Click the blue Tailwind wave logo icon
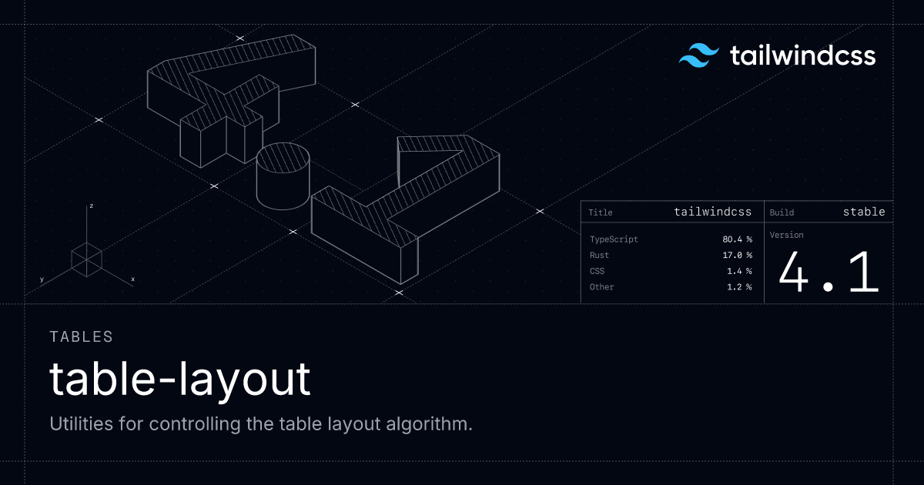[x=699, y=55]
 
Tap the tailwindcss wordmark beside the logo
[x=802, y=55]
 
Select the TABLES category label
[x=82, y=337]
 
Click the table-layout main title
[x=180, y=380]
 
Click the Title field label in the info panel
[x=600, y=212]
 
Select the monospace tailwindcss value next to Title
[x=713, y=212]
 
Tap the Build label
[x=782, y=212]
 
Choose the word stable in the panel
[x=864, y=212]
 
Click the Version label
[x=787, y=235]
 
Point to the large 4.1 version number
[x=829, y=273]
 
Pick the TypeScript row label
[x=614, y=239]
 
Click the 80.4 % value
[x=737, y=239]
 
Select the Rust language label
[x=599, y=256]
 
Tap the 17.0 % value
[x=737, y=256]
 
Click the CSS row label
[x=597, y=271]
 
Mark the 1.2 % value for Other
[x=739, y=287]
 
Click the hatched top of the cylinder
[x=283, y=158]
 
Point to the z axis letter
[x=92, y=206]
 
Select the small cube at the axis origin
[x=86, y=260]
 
